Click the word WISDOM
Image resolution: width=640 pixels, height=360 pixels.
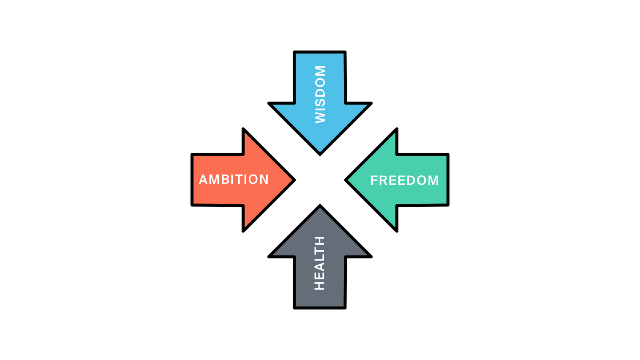[320, 94]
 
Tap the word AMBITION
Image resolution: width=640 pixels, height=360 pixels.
[234, 180]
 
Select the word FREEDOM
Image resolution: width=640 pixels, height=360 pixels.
[404, 180]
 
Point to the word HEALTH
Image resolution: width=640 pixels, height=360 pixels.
[320, 263]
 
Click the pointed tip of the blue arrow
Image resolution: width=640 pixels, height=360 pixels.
[320, 153]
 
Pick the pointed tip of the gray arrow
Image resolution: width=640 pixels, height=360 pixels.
[320, 207]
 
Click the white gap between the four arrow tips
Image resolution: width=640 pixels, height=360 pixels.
[320, 180]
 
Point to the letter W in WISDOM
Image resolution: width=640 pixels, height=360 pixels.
[320, 116]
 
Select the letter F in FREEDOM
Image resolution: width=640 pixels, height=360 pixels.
[374, 180]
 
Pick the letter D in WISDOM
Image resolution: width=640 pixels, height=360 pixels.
[320, 91]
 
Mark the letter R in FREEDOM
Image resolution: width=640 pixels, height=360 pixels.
[384, 180]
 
